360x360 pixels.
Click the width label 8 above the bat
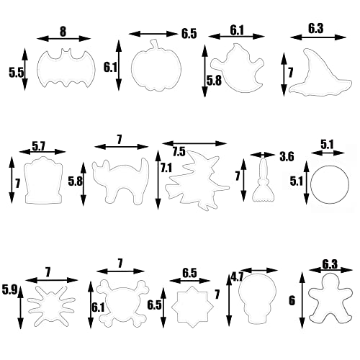[x=63, y=32]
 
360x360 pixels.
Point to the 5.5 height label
[x=16, y=72]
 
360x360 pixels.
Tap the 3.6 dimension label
[x=287, y=156]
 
